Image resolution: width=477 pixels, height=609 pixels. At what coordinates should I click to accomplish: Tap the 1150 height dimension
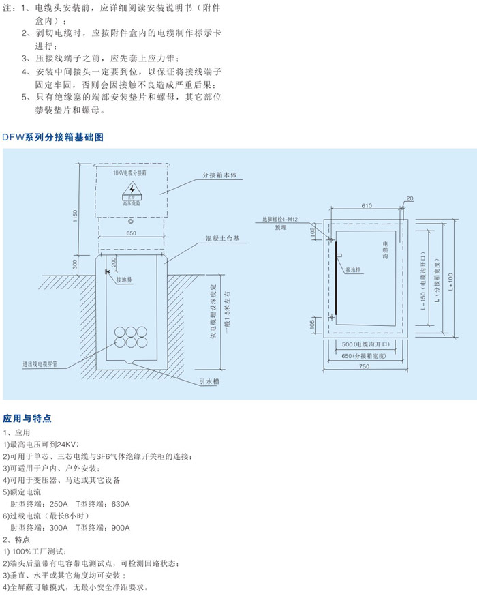pyautogui.click(x=76, y=215)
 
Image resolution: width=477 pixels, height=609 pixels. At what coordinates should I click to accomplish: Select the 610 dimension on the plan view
pyautogui.click(x=366, y=205)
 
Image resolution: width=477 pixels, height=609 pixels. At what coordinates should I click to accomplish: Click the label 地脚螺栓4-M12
pyautogui.click(x=281, y=220)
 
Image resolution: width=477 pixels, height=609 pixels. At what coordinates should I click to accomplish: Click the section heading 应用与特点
pyautogui.click(x=27, y=418)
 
